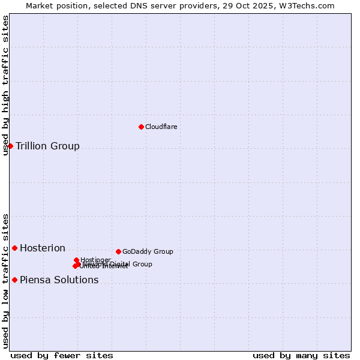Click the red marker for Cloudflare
pos(141,127)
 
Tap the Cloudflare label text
pos(161,127)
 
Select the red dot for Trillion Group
pos(10,146)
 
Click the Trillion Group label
pos(47,146)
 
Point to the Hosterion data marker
pos(14,248)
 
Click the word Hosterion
pos(43,248)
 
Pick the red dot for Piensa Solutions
pos(14,280)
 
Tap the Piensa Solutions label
pos(59,280)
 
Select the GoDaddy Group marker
pos(118,251)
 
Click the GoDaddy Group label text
pos(148,251)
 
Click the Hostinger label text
pos(95,260)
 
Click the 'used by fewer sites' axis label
pos(62,355)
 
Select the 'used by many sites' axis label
pos(301,355)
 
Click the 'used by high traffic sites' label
pos(5,85)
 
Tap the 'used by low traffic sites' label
pos(5,280)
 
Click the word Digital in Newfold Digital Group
pos(120,264)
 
